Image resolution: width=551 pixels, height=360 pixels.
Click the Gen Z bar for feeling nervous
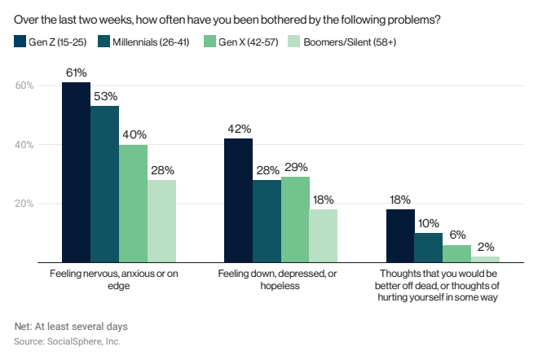point(77,173)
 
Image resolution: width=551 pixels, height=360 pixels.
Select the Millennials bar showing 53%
point(105,184)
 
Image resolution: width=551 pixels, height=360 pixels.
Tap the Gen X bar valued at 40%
point(133,204)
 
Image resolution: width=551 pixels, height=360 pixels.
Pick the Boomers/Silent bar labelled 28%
point(161,222)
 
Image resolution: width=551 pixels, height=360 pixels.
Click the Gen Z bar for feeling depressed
point(238,200)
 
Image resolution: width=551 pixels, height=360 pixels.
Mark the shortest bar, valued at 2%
point(485,259)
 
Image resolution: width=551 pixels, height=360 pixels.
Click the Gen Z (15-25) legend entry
point(53,40)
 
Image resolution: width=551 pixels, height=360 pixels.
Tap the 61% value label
point(77,72)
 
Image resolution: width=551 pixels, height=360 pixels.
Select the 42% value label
point(238,129)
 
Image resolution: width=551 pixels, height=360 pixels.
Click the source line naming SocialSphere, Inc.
point(68,341)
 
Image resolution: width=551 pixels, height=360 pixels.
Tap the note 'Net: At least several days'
point(71,326)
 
